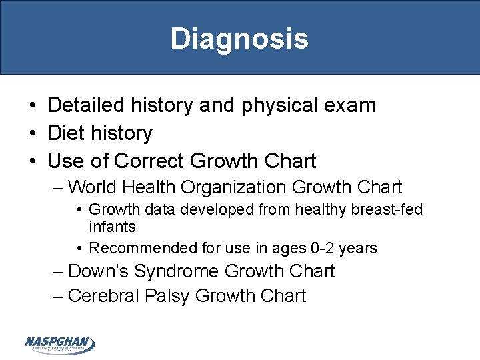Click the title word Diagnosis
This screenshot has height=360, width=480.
239,38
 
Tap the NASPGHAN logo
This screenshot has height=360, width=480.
60,344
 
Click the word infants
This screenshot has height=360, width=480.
112,227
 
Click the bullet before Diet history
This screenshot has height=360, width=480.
32,133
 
